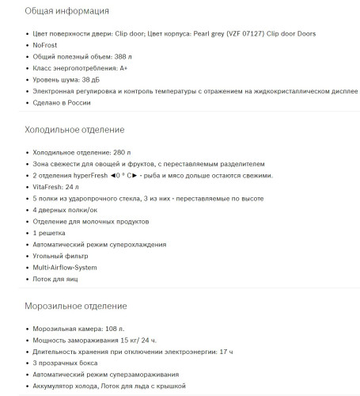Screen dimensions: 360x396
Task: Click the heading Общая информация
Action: coord(67,12)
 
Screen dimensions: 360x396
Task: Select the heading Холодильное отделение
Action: coord(75,128)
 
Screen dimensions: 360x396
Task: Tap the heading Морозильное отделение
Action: coord(76,305)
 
